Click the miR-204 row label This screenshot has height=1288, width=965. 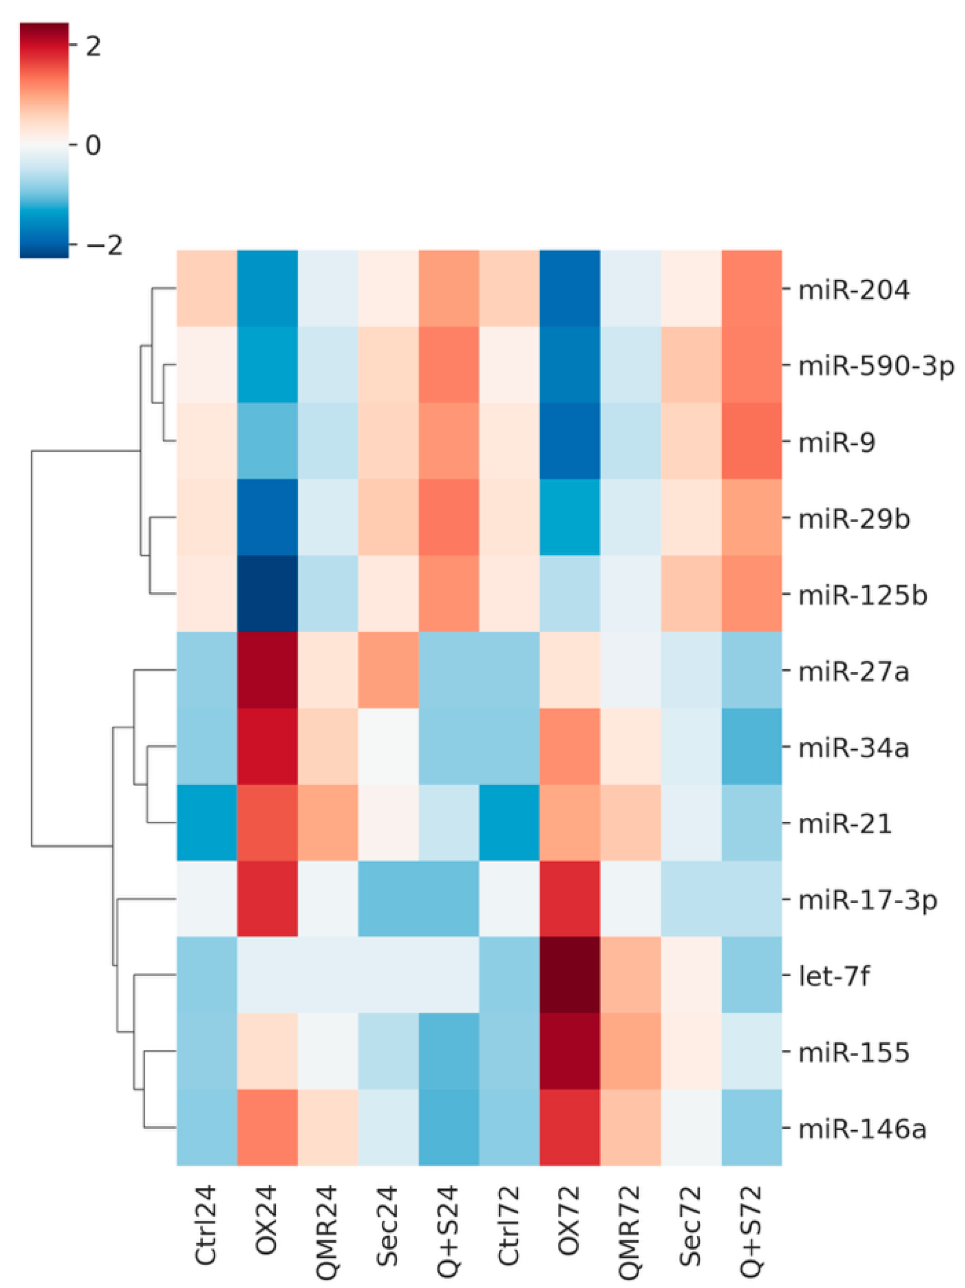(853, 290)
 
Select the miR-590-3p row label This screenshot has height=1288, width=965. (876, 366)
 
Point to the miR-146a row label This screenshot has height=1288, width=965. (862, 1128)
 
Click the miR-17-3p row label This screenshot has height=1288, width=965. (867, 900)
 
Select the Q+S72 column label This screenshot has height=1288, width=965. (751, 1232)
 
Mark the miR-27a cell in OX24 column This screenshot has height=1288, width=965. (267, 670)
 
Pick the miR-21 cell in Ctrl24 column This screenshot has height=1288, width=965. (207, 822)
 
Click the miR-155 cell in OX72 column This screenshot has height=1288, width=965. (570, 1051)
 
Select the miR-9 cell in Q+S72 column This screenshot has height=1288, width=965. (751, 441)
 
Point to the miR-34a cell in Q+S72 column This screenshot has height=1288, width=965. (751, 747)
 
